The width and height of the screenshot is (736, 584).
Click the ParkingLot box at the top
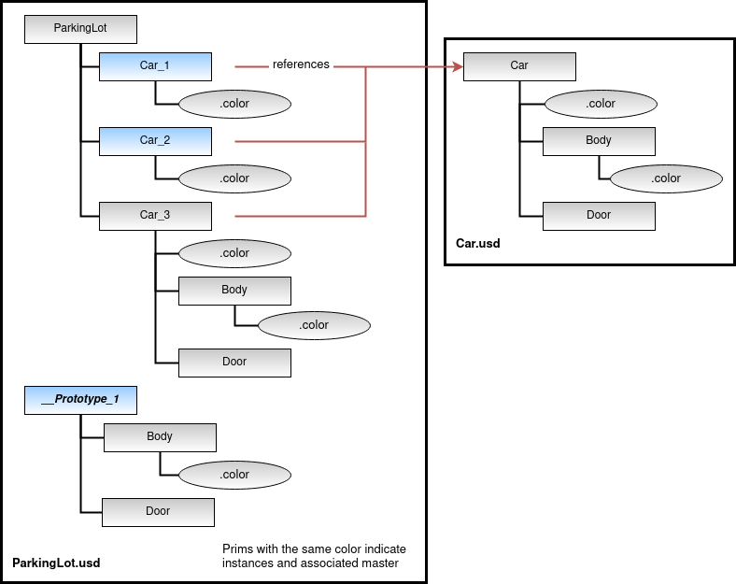coord(80,28)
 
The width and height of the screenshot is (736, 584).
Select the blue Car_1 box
coord(155,65)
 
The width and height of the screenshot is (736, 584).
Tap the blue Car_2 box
coord(155,140)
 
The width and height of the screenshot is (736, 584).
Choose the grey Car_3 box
coord(155,215)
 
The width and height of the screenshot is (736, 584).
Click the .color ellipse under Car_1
coord(234,103)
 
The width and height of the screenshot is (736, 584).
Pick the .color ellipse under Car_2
coord(234,178)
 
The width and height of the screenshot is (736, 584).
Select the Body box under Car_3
coord(234,290)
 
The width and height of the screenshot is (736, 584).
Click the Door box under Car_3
coord(234,362)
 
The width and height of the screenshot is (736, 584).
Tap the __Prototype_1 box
coord(80,400)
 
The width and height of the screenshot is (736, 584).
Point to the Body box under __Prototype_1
coord(160,436)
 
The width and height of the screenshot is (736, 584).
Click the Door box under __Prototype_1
coord(158,511)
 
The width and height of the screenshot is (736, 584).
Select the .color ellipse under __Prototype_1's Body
coord(234,474)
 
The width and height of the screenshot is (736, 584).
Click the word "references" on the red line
coord(301,65)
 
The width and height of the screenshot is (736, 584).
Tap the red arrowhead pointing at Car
coord(457,66)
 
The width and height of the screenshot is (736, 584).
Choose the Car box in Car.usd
coord(519,65)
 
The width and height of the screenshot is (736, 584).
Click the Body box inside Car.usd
coord(599,140)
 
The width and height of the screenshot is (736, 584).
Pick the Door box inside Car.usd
coord(599,215)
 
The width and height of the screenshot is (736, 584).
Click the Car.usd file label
coord(477,243)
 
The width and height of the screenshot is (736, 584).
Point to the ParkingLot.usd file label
coord(56,563)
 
